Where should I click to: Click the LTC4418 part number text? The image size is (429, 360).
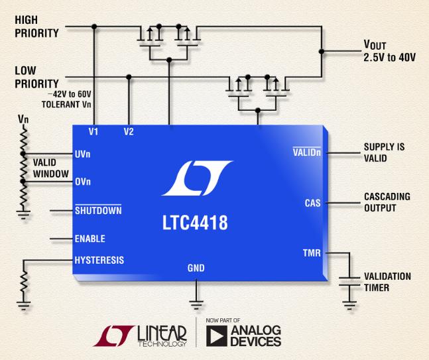[x=195, y=223]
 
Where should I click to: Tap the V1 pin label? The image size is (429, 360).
[x=93, y=132]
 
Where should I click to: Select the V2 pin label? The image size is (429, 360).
[x=129, y=132]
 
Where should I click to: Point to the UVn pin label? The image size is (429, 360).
[x=83, y=154]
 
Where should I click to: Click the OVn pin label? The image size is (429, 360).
[x=83, y=182]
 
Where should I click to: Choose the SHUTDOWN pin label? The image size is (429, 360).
[x=98, y=210]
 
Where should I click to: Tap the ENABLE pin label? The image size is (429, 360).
[x=90, y=239]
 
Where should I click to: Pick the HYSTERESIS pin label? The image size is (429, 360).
[x=99, y=260]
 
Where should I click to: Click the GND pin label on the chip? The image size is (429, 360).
[x=196, y=268]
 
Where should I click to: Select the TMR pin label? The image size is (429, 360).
[x=312, y=253]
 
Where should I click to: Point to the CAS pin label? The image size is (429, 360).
[x=312, y=203]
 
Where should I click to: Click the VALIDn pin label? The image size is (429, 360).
[x=307, y=152]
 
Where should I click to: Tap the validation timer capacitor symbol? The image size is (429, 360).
[x=349, y=282]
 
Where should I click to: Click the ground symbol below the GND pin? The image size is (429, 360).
[x=196, y=305]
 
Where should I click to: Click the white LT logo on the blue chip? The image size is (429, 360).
[x=198, y=178]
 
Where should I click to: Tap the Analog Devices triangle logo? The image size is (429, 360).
[x=216, y=336]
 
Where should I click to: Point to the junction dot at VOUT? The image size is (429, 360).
[x=322, y=52]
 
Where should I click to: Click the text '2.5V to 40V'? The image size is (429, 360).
[x=390, y=57]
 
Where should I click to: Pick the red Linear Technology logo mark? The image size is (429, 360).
[x=114, y=336]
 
